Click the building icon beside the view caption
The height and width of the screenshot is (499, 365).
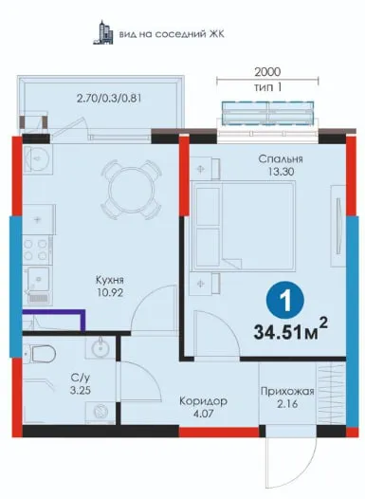point(103,32)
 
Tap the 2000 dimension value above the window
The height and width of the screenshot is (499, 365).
point(267,72)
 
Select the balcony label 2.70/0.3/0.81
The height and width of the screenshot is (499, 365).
point(109,98)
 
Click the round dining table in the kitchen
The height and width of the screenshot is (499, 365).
point(131,191)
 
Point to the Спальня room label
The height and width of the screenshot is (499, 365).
point(281,158)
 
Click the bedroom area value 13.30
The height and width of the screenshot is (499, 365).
point(281,172)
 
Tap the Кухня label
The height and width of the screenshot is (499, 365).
point(110,280)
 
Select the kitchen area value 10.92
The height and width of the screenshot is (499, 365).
point(110,293)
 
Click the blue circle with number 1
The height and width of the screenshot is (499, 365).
point(285,300)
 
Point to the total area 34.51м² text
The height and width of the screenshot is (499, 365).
point(290,332)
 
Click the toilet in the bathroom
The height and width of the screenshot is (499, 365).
point(41,354)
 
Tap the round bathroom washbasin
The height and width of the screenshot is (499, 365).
point(100,347)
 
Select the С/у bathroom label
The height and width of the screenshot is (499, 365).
point(81,378)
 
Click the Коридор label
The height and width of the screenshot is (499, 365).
point(203,401)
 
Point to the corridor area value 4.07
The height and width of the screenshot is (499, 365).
point(203,414)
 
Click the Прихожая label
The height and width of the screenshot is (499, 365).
point(287,391)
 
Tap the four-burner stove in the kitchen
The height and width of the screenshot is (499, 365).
point(36,249)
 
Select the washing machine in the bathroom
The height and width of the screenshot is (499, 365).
point(100,411)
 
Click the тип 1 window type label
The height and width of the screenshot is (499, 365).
point(267,87)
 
